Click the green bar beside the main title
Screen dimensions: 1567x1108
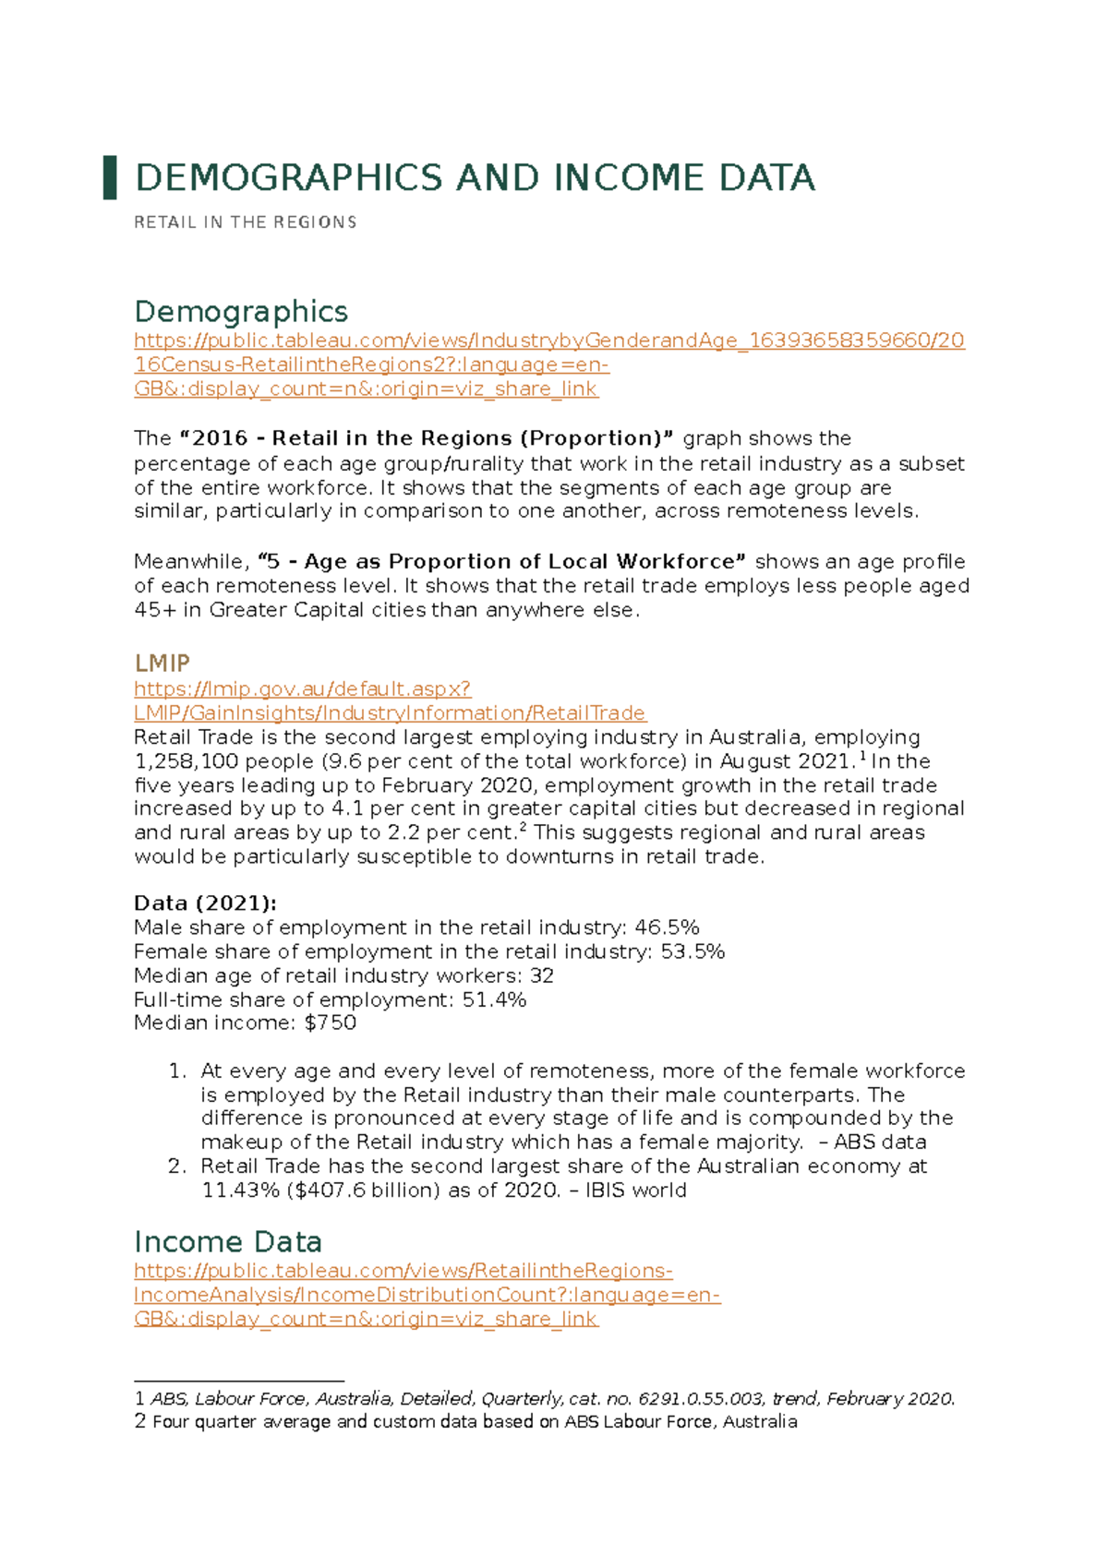point(110,177)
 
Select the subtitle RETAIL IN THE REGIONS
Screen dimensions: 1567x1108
point(245,222)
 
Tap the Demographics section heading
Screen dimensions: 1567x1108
point(241,311)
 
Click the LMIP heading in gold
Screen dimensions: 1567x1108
point(162,663)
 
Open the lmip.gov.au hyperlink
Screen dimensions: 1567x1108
point(302,688)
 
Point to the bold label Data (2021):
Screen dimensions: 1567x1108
point(205,903)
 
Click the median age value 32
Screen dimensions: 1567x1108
point(542,975)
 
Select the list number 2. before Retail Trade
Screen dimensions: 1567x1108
point(177,1166)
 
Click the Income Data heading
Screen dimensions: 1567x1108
point(228,1241)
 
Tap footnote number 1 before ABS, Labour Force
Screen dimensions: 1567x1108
point(139,1399)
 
